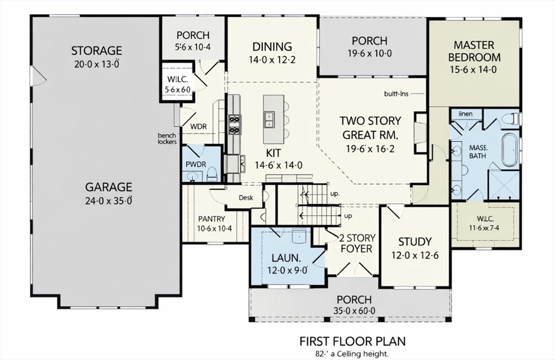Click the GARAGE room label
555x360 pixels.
(108, 187)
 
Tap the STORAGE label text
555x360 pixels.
(96, 50)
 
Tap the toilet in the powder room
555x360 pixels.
(212, 173)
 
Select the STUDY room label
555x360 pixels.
(415, 241)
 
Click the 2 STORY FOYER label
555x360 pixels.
(356, 243)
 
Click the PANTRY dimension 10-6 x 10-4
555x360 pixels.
(215, 229)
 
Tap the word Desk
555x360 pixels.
(246, 198)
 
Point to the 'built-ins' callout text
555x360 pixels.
(396, 93)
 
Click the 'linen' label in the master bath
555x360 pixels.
(466, 114)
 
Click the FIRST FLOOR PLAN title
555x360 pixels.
(352, 341)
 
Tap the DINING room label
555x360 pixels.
(272, 46)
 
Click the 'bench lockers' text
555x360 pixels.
(167, 138)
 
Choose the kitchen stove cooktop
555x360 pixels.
(235, 124)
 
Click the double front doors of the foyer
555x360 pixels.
(353, 268)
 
